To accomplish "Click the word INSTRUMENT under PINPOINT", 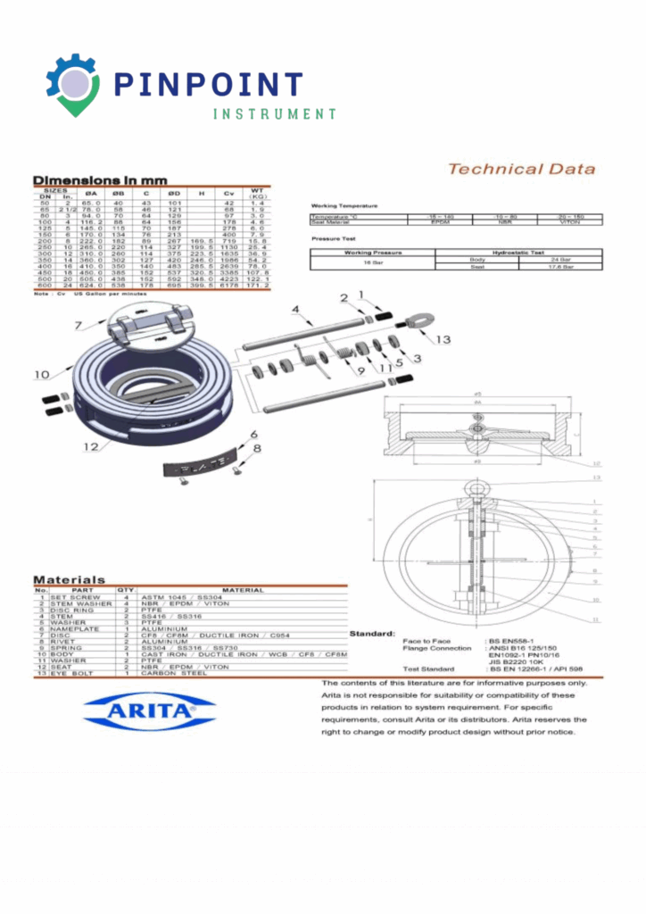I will (275, 114).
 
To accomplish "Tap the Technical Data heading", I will (521, 169).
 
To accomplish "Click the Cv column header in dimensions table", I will (229, 194).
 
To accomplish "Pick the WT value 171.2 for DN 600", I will (259, 286).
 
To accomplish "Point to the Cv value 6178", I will (229, 286).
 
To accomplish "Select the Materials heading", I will (70, 579).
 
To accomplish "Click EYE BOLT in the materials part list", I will (71, 673).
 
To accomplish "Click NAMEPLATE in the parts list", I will (70, 628).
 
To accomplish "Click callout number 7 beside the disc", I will (79, 324).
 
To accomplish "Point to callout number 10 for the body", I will (40, 374).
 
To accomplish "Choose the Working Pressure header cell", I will (372, 253).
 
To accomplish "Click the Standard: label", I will (372, 634).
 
